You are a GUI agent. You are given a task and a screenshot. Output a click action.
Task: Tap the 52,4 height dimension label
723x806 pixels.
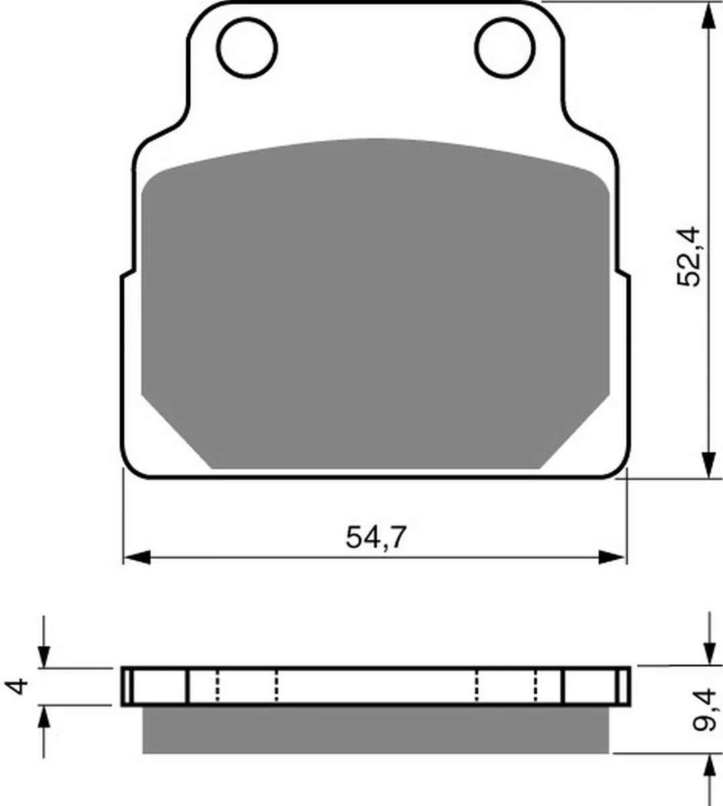click(688, 256)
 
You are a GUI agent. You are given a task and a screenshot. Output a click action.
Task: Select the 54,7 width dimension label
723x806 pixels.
click(376, 537)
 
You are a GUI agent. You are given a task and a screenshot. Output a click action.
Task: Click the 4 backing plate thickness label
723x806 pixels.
click(17, 686)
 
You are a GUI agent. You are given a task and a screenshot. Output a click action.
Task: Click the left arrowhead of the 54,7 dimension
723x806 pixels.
click(137, 557)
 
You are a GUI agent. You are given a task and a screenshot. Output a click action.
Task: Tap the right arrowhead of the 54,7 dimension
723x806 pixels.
click(611, 557)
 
